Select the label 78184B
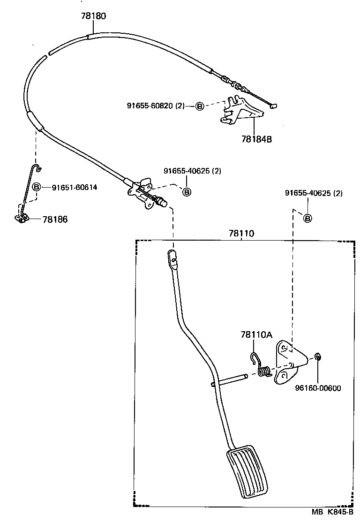[x=257, y=139]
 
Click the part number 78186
[x=55, y=219]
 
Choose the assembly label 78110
[x=241, y=233]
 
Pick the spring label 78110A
[x=256, y=335]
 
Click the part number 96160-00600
[x=318, y=388]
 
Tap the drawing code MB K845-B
[x=332, y=513]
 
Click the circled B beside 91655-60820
[x=199, y=106]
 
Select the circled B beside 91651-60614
[x=36, y=188]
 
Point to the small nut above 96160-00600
[x=318, y=358]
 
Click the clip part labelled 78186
[x=22, y=217]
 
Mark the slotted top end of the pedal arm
[x=172, y=258]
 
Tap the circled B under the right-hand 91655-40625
[x=307, y=218]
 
